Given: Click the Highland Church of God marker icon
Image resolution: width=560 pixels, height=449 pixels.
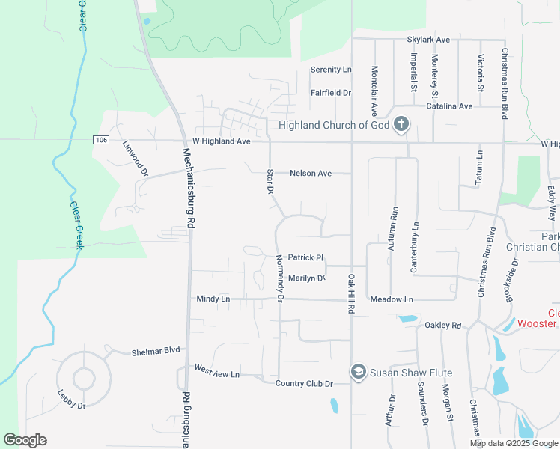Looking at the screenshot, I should [401, 124].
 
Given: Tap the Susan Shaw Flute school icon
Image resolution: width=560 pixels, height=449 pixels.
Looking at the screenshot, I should [359, 372].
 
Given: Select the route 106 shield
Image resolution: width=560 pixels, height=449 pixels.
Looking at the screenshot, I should [102, 140].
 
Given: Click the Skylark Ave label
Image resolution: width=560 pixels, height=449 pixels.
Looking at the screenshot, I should [428, 39].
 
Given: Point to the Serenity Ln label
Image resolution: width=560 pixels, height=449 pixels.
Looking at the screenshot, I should [331, 70].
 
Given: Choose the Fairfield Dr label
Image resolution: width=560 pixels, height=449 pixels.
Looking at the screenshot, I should [331, 93].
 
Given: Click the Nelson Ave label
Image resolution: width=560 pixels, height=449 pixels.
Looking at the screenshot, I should [311, 174].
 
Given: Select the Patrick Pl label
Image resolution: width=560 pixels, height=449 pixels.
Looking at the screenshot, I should [305, 256].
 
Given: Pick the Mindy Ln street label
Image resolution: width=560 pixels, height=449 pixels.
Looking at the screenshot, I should [213, 299].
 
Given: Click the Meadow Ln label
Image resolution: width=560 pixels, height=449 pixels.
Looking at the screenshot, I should [392, 299].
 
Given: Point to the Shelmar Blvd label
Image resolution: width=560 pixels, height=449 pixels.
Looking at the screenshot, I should [156, 352].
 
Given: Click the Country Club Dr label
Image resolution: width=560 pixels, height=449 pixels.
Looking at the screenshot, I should [303, 384].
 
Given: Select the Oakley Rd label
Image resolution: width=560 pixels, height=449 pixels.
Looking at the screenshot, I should [443, 326].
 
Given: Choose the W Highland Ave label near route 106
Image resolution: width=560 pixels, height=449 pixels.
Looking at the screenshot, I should [220, 141].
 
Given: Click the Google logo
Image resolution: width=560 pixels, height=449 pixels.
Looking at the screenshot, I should [25, 440].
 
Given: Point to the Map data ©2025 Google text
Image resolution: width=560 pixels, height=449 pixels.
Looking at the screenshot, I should [513, 443].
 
